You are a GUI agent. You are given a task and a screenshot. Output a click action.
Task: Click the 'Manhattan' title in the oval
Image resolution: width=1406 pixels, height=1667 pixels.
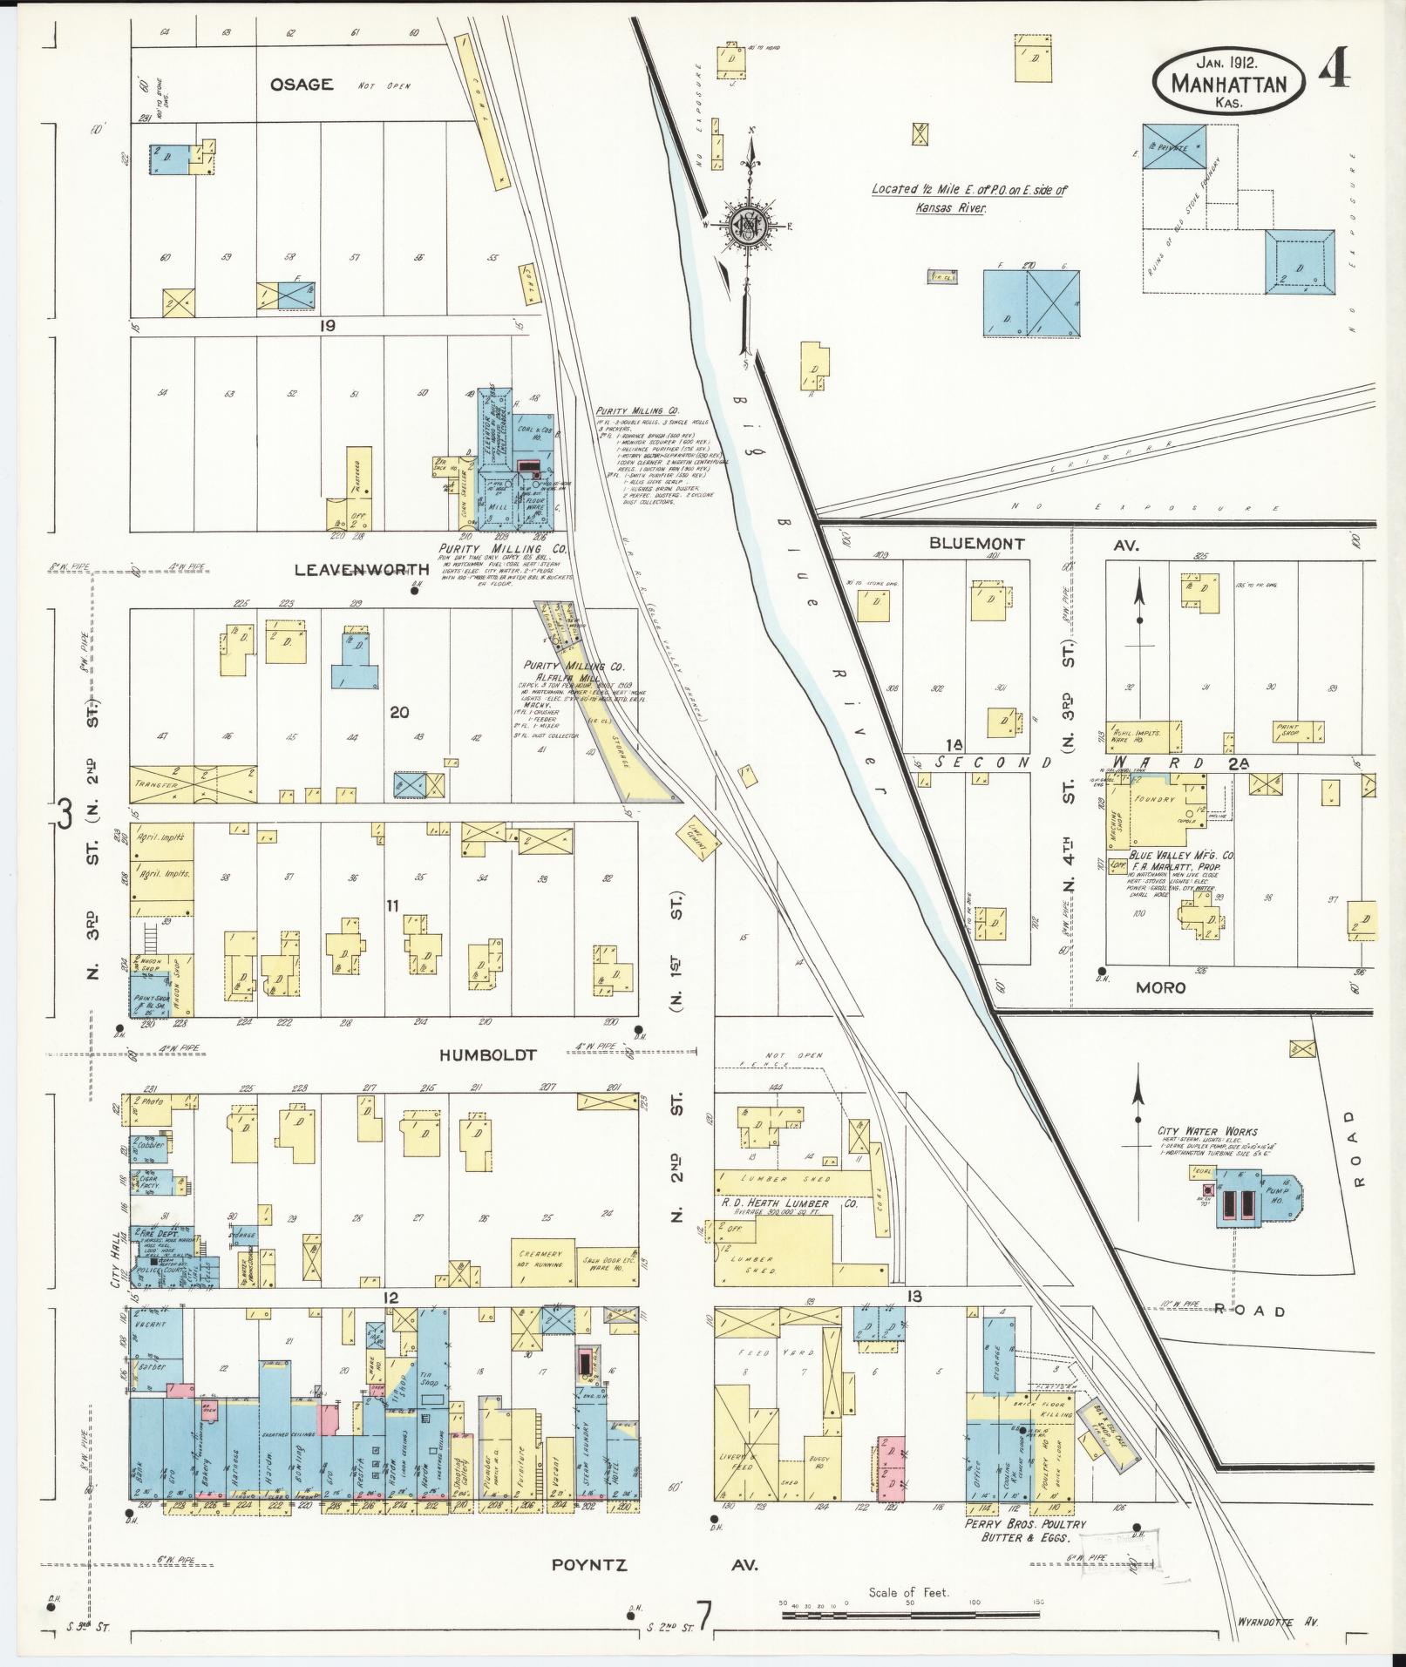click(1229, 85)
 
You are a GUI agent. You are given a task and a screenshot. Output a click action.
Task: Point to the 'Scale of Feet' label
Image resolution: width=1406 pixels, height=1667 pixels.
click(908, 1592)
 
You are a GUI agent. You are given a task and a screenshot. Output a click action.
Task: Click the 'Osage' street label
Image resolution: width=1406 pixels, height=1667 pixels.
click(302, 85)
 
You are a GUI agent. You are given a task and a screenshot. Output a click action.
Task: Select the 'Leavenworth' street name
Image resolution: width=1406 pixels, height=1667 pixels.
click(363, 569)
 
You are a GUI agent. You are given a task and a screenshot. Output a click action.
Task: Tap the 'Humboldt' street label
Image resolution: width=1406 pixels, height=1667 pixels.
click(487, 1054)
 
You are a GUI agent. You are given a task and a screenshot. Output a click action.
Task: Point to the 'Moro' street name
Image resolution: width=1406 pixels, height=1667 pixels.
click(1160, 987)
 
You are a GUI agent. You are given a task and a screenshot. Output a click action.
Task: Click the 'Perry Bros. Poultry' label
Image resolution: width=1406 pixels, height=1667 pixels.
click(1024, 1523)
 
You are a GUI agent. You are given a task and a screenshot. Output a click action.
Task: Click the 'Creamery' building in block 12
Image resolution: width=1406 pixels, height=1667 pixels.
click(542, 1263)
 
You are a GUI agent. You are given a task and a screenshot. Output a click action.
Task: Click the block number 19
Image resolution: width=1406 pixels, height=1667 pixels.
click(327, 325)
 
